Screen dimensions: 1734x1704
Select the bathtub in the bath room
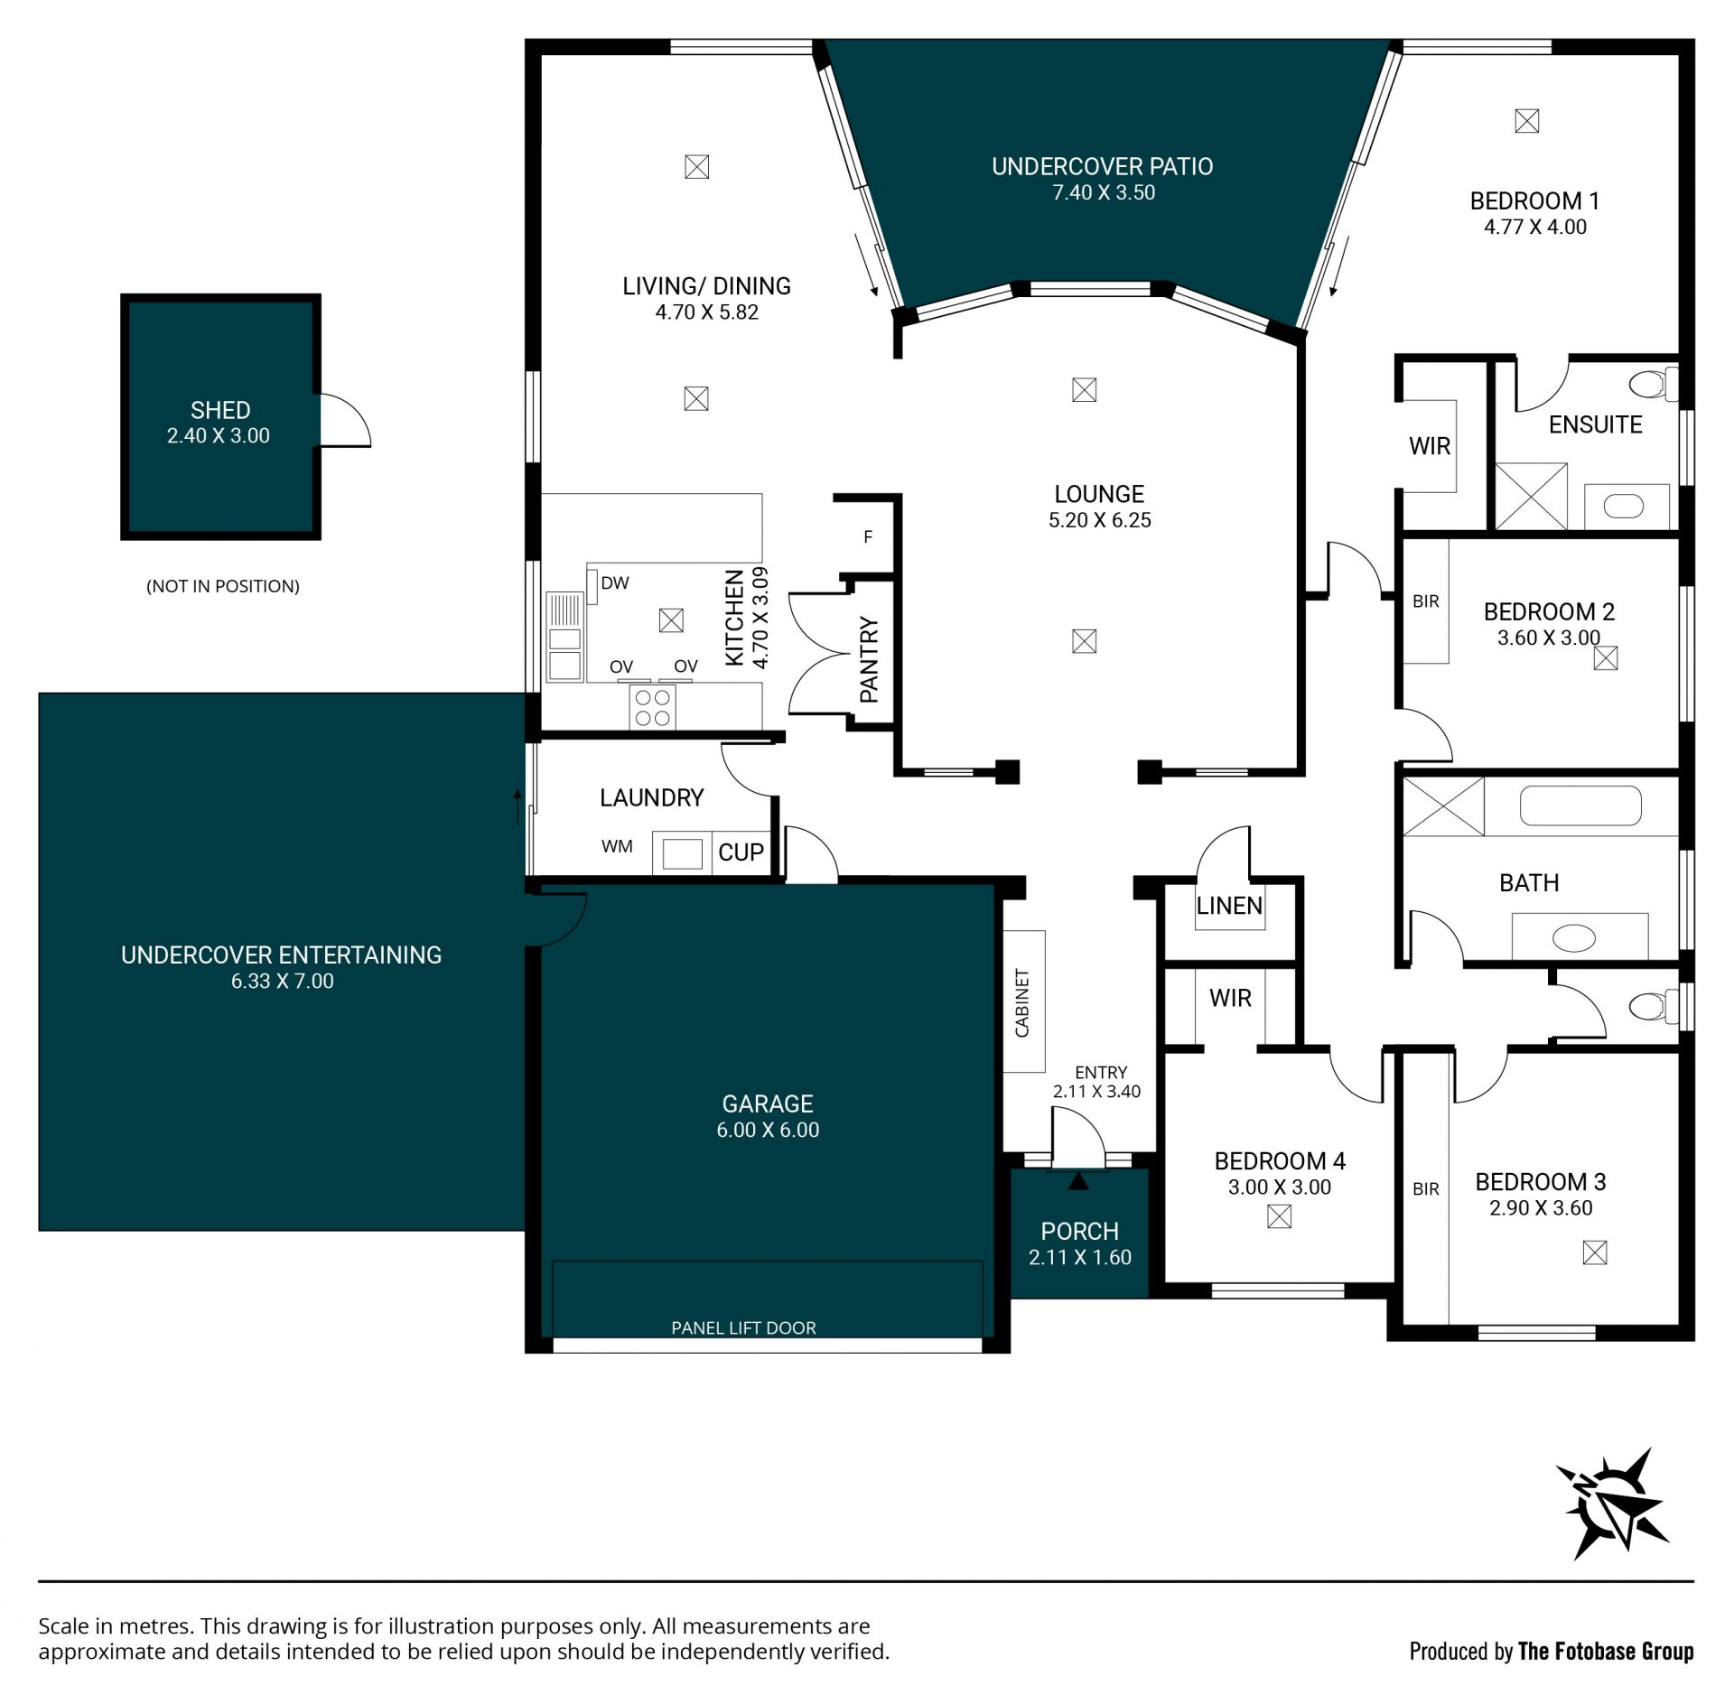1580,805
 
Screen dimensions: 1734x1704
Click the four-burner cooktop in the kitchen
652,707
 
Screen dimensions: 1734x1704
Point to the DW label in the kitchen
615,583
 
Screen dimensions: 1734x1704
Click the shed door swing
346,420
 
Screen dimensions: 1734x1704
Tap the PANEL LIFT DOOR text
743,1327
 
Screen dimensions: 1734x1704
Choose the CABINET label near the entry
1022,1002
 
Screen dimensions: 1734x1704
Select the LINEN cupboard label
1229,906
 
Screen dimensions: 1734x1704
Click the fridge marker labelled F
868,537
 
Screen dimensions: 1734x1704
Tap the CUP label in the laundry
741,852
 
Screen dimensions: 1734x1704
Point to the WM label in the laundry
617,846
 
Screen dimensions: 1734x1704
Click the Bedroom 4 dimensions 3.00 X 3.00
1279,1187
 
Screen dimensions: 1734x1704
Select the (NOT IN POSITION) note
223,586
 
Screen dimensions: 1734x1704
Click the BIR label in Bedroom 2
1426,601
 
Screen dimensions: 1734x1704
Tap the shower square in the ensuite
1531,497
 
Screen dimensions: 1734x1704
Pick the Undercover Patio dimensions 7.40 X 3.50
1104,192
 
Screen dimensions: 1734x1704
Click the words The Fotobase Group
1606,1651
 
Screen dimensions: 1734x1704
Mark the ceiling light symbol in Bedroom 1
1526,121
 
